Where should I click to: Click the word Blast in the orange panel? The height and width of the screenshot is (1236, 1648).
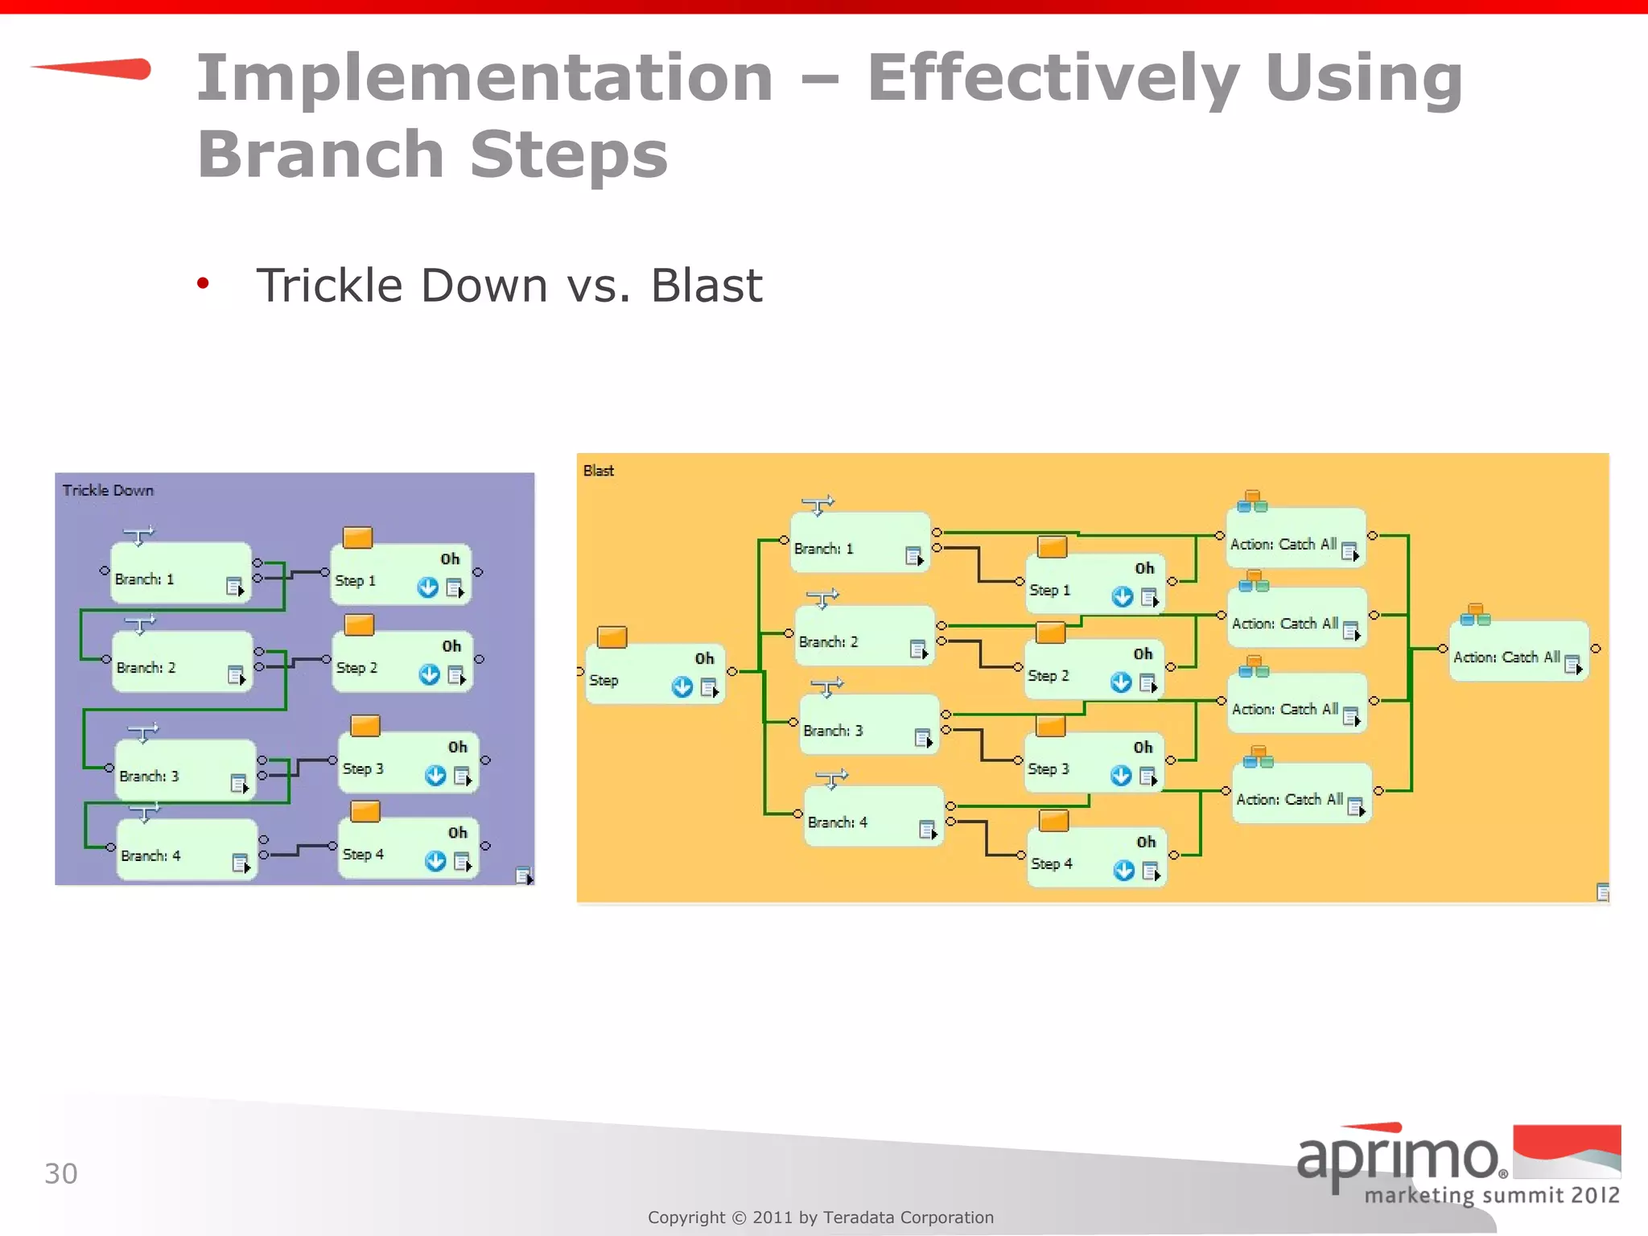click(598, 471)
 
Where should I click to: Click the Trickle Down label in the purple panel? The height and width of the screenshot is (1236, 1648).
click(108, 490)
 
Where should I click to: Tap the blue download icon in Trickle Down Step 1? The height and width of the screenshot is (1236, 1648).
click(428, 587)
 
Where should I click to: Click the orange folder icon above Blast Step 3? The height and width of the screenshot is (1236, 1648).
click(1051, 727)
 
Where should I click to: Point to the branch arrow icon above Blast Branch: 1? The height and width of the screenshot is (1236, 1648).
click(818, 505)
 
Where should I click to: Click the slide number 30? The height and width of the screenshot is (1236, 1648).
click(60, 1173)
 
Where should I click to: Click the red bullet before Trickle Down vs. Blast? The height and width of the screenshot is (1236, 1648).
click(203, 283)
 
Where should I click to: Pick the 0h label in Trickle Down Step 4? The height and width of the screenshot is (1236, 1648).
click(457, 832)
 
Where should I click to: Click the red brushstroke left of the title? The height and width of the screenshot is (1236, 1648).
click(97, 69)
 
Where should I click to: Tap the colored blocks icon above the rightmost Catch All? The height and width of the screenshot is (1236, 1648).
click(1475, 615)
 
